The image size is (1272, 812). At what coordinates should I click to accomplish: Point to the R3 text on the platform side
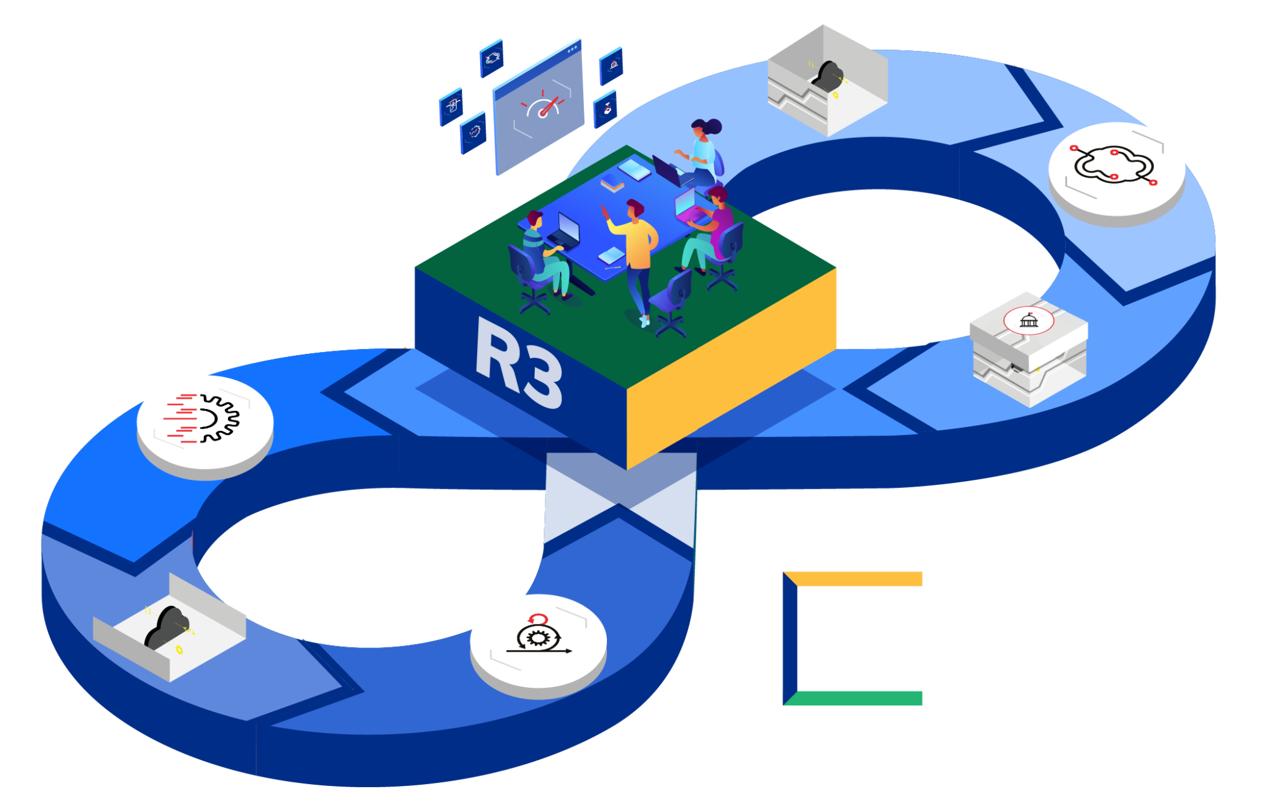pos(519,363)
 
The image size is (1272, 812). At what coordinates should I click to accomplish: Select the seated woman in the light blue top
pos(702,152)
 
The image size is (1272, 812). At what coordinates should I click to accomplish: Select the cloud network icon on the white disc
pos(1114,165)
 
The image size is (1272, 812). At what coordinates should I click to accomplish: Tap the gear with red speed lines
pos(205,418)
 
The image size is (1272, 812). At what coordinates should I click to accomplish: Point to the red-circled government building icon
pos(1029,320)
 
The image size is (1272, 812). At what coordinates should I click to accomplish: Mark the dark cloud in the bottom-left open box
pos(165,627)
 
